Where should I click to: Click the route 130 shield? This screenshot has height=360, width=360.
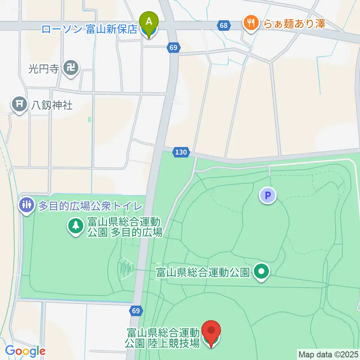pyautogui.click(x=181, y=152)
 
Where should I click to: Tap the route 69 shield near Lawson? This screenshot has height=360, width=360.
pyautogui.click(x=173, y=48)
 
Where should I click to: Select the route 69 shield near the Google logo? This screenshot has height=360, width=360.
pyautogui.click(x=136, y=310)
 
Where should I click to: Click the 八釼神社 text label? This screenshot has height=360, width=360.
pyautogui.click(x=52, y=105)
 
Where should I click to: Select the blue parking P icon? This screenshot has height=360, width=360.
pyautogui.click(x=268, y=195)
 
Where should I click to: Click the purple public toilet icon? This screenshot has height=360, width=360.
pyautogui.click(x=26, y=205)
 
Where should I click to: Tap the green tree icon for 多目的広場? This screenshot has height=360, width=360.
pyautogui.click(x=76, y=225)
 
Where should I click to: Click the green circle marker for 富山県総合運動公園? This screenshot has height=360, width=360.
pyautogui.click(x=262, y=271)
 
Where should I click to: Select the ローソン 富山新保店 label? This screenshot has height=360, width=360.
pyautogui.click(x=89, y=30)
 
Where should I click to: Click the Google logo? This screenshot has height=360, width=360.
pyautogui.click(x=25, y=351)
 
